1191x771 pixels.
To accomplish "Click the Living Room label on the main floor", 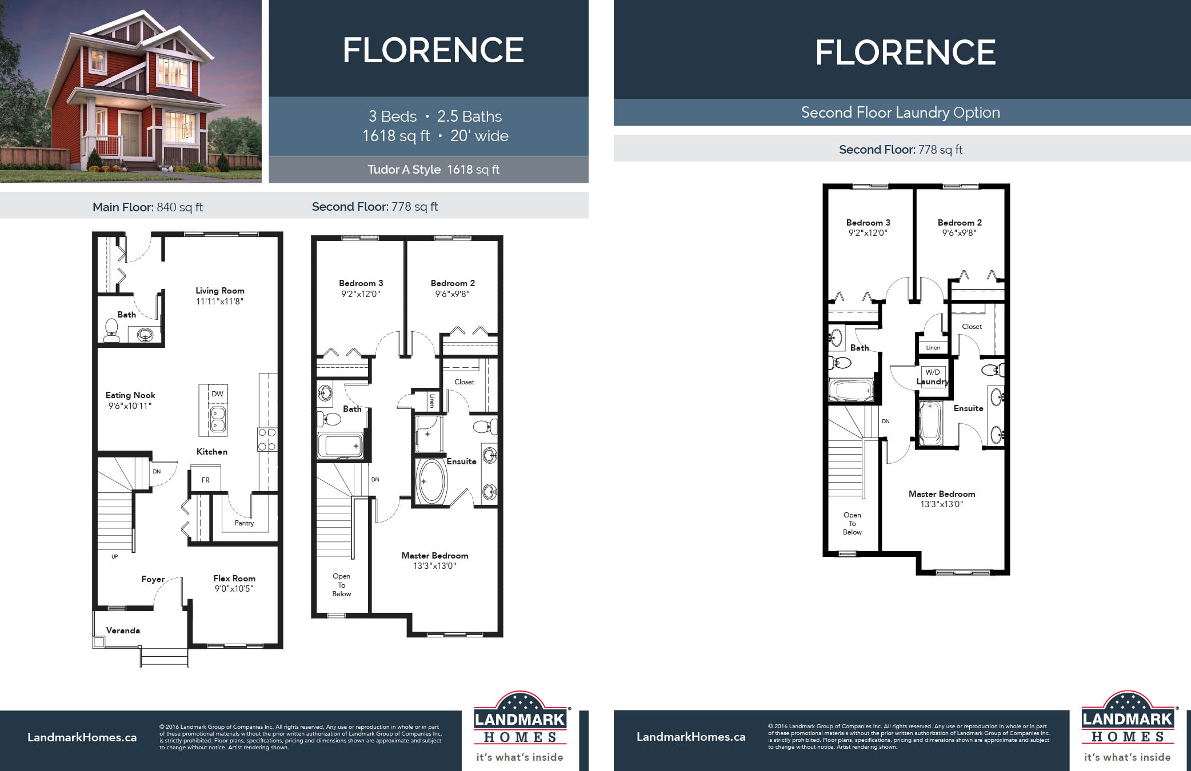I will pos(220,291).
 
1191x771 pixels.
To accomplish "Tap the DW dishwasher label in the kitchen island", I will pos(217,394).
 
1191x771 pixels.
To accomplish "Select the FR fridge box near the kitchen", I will pos(205,480).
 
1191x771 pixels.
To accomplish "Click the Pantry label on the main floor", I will pos(244,523).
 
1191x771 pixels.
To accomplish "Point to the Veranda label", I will pos(123,631).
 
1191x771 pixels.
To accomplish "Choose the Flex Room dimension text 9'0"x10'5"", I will pos(234,589).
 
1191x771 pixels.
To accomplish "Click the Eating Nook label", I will pos(130,395).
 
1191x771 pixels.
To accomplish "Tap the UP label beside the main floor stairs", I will pos(115,556).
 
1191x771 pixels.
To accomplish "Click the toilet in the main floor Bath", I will pos(111,330).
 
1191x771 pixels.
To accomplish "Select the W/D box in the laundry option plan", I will pos(933,372).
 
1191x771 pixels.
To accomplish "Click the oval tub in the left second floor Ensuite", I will pos(431,481).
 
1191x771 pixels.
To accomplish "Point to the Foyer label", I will pos(153,579).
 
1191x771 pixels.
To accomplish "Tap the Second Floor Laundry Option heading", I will pos(901,113).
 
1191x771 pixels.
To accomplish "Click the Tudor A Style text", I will pos(404,170).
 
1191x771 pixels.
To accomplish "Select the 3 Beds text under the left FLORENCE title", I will pos(393,117).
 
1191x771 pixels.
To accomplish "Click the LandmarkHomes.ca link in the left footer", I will pos(82,737).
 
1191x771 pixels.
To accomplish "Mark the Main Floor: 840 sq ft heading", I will pos(147,207).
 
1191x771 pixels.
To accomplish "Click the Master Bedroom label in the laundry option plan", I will pos(942,494).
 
